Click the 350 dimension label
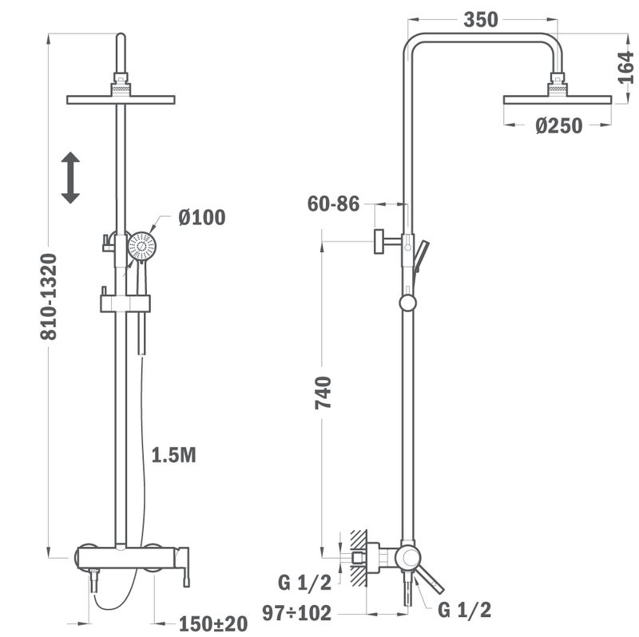[x=481, y=19]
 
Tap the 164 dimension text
[x=625, y=68]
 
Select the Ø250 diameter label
[x=558, y=125]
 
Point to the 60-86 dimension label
[x=333, y=204]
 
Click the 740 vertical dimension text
[x=323, y=393]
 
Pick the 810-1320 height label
[x=49, y=296]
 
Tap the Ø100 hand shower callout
[x=202, y=217]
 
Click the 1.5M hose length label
[x=173, y=455]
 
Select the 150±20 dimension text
[x=213, y=623]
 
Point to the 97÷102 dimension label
[x=296, y=613]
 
